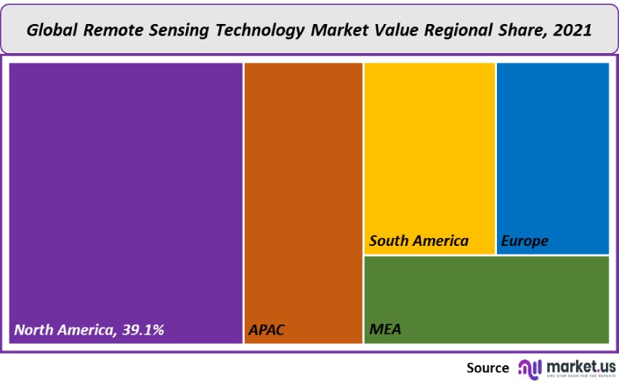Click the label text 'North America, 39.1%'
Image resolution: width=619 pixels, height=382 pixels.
(x=89, y=330)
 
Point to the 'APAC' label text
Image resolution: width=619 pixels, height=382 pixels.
(x=267, y=330)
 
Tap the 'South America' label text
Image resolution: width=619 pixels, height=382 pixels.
(x=418, y=241)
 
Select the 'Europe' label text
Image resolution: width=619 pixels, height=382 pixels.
(x=525, y=241)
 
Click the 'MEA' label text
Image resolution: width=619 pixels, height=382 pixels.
(x=385, y=330)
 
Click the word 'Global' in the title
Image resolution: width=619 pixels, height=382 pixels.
(x=54, y=31)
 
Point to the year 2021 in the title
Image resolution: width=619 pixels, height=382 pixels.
(x=571, y=31)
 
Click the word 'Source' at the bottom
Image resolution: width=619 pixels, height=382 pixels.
(x=487, y=367)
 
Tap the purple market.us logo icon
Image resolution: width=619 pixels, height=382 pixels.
(x=529, y=367)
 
